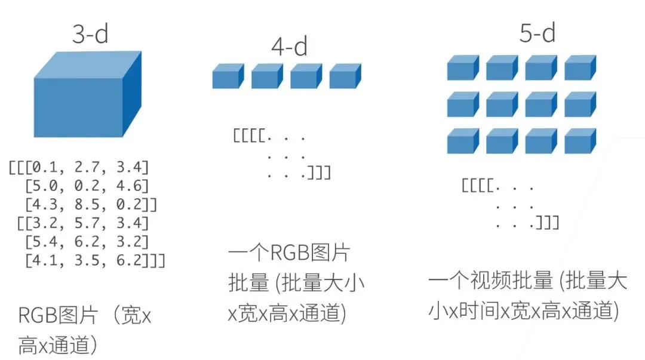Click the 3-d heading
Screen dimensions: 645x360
pyautogui.click(x=90, y=35)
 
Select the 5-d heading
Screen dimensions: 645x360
pyautogui.click(x=537, y=33)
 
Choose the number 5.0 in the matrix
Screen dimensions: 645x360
pyautogui.click(x=47, y=185)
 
